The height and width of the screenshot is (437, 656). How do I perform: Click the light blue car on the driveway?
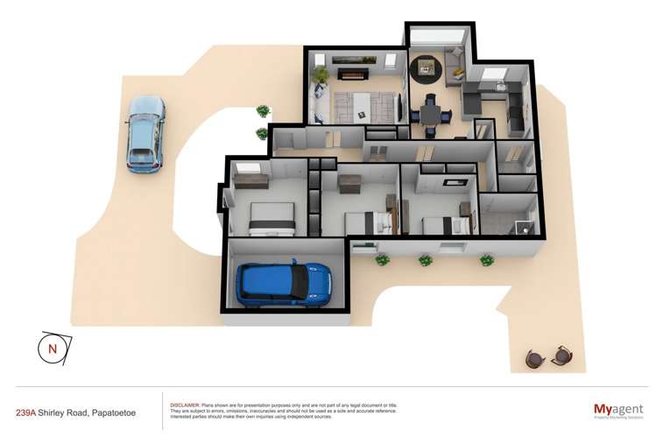click(145, 132)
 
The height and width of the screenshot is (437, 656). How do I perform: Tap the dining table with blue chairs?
click(431, 113)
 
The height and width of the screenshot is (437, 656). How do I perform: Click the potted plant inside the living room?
click(321, 74)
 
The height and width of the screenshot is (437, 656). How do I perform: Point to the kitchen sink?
click(501, 87)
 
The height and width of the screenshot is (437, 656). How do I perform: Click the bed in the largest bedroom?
click(271, 218)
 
